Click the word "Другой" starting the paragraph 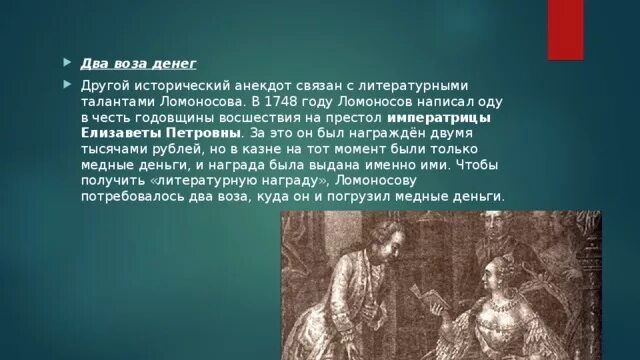pos(106,86)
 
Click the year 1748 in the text pos(308,102)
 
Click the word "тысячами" pos(113,148)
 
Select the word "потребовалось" pos(132,195)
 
